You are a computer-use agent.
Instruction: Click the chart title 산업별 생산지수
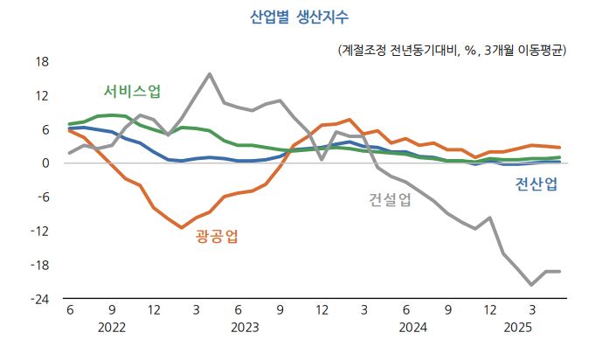click(300, 17)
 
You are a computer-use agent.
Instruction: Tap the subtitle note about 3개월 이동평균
click(453, 51)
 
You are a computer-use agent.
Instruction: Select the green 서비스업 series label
click(133, 91)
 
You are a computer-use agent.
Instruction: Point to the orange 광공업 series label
click(217, 236)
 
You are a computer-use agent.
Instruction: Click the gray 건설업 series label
click(390, 199)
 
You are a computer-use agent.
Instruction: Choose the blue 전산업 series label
click(536, 183)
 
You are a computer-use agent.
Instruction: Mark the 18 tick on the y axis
click(42, 62)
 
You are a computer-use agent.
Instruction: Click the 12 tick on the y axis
click(42, 95)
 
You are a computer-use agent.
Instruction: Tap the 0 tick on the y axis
click(45, 163)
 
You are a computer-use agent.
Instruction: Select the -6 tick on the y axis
click(44, 197)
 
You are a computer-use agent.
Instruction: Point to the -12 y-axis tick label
click(40, 231)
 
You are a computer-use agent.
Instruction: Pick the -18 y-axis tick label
click(40, 265)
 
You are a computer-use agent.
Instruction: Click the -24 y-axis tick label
click(40, 300)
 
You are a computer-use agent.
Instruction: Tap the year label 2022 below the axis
click(112, 328)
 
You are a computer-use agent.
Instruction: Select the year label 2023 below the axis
click(246, 328)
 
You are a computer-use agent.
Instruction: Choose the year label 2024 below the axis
click(413, 328)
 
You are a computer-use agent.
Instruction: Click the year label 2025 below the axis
click(518, 328)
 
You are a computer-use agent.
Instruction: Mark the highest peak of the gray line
click(210, 74)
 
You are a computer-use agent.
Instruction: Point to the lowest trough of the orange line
click(182, 227)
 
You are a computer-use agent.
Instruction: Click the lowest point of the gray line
click(531, 285)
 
